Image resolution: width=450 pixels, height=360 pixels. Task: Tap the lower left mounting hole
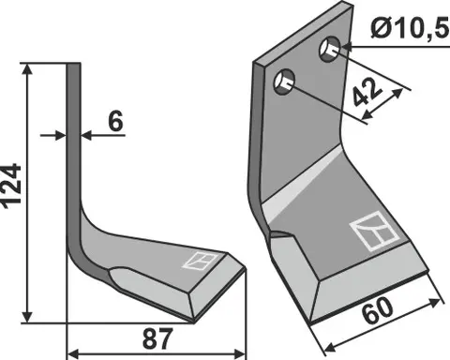pyautogui.click(x=283, y=85)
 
